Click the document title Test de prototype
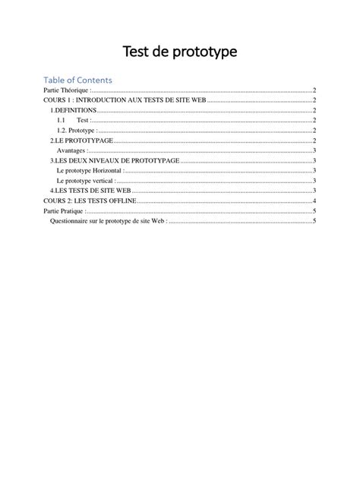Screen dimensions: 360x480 [180, 52]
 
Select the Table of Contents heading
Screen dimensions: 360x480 [78, 80]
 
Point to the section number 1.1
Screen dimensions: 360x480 [61, 120]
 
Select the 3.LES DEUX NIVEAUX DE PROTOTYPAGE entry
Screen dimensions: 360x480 [115, 160]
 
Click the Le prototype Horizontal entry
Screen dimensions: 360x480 [89, 170]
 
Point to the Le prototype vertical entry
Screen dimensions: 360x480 [85, 181]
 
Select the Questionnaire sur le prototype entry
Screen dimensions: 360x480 [108, 220]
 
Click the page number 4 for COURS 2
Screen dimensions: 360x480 [314, 201]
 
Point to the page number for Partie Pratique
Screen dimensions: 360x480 [314, 210]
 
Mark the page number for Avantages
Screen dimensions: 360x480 [314, 150]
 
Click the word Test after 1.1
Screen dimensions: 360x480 [83, 120]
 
